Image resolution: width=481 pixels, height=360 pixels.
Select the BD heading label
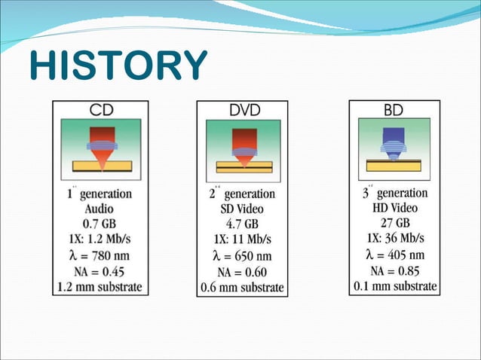tap(393, 110)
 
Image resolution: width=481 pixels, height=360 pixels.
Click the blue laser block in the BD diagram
tap(394, 136)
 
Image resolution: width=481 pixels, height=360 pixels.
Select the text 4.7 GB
tap(243, 224)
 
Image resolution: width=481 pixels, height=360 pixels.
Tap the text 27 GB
tap(394, 223)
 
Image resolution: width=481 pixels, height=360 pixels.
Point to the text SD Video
tap(243, 209)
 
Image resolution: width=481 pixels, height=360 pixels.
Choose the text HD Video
tap(394, 208)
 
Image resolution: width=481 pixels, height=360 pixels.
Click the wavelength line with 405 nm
tap(394, 255)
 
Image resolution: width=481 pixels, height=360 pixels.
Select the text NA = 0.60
tap(243, 272)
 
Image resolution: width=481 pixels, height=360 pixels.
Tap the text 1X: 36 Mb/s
tap(394, 239)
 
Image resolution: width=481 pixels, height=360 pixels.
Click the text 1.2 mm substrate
tap(99, 287)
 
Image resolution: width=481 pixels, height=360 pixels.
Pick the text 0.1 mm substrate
tap(394, 286)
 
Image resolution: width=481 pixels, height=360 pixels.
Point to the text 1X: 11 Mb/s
tap(243, 240)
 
